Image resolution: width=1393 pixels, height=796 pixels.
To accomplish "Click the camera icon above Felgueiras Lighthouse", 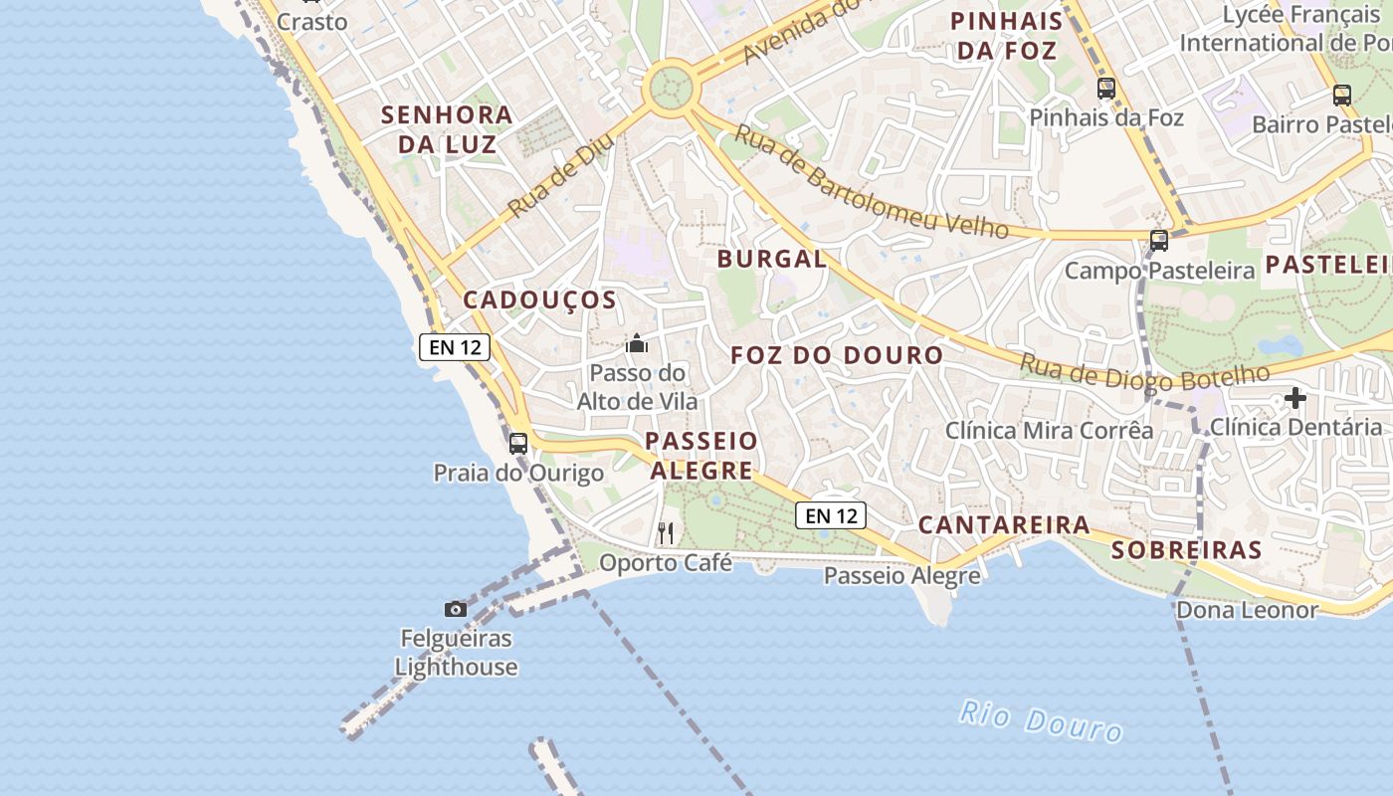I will coord(456,609).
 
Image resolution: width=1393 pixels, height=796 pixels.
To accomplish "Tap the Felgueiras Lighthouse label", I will coord(456,653).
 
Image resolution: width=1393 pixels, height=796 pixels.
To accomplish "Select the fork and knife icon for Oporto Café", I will coord(666,533).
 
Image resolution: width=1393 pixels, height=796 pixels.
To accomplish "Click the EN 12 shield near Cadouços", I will coord(455,347).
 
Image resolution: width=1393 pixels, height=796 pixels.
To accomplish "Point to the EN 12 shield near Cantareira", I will coord(830,515).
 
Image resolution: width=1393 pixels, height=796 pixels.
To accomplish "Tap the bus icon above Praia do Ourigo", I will coord(518,444).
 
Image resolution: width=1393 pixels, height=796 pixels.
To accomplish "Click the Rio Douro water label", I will coord(1041,721).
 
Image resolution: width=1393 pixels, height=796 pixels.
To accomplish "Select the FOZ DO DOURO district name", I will coord(837,355).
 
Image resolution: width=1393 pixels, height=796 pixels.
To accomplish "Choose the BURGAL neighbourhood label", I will coord(772,260).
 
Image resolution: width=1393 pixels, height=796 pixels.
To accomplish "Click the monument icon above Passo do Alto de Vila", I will coord(637,344).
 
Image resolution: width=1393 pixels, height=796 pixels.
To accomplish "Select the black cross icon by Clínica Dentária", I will coord(1294,399).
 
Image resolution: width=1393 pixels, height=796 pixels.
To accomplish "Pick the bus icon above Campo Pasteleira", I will coord(1159,240).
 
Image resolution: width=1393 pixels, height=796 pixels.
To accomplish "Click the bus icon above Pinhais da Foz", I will coord(1106,89).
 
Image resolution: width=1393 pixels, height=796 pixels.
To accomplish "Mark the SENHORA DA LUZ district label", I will coord(447,129).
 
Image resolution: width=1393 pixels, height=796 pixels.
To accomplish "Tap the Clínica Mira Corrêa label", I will coord(1049,431).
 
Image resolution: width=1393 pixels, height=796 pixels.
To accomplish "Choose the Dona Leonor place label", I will coord(1247,610).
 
